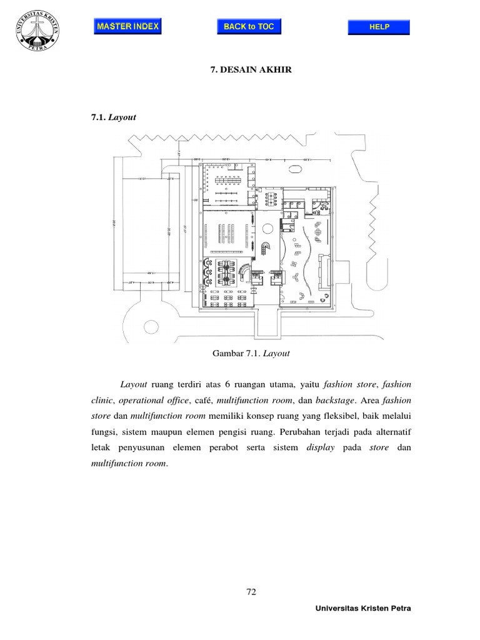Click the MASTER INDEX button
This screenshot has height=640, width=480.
tap(128, 26)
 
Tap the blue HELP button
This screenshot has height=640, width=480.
tap(379, 27)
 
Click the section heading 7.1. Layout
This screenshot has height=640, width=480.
tap(114, 116)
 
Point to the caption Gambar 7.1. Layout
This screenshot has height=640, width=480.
tap(251, 353)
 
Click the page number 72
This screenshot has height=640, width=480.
tap(251, 593)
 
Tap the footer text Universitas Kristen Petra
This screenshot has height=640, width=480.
tap(364, 608)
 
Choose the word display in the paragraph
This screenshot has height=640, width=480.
tap(321, 448)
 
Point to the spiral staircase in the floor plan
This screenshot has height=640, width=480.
tap(265, 246)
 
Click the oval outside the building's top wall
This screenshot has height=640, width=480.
tap(294, 168)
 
